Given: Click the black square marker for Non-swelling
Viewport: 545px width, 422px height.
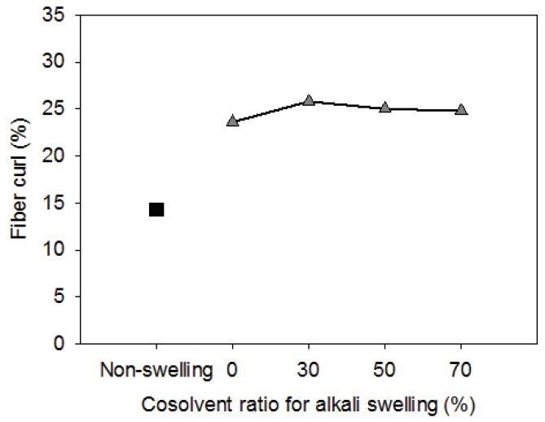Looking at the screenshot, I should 156,209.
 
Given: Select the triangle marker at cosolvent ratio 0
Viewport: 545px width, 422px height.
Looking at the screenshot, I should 232,121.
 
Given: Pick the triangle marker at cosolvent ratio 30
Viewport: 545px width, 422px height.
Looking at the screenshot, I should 309,100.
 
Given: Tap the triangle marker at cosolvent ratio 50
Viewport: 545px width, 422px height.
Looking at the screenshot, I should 385,107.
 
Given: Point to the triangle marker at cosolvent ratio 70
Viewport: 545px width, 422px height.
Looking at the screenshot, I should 461,109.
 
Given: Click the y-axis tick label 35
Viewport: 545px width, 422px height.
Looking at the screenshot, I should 57,15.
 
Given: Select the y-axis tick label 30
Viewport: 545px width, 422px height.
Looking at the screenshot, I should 57,63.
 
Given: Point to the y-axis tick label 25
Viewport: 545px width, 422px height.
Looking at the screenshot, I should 57,109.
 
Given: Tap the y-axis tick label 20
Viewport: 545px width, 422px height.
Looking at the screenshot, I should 57,156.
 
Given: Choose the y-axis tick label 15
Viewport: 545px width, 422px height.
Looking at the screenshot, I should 57,203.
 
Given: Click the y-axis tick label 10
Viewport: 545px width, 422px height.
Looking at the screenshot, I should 57,249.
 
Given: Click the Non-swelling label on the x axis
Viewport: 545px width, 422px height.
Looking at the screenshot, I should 156,370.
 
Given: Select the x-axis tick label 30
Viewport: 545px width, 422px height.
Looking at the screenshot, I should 309,370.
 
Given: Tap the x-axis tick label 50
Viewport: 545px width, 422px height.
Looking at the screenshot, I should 385,370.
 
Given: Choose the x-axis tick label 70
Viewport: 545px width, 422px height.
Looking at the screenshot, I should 461,370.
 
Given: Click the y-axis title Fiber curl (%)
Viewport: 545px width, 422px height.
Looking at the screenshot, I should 20,180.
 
